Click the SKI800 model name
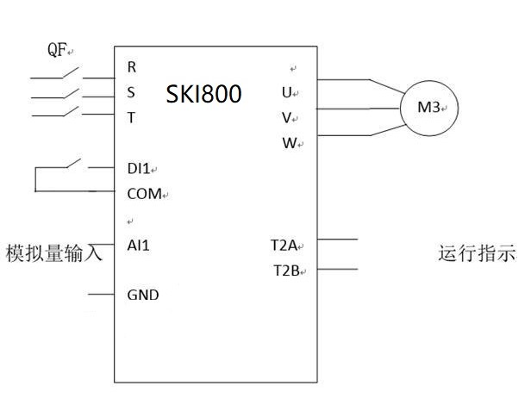tap(203, 93)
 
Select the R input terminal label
tap(131, 66)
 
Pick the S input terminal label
tap(131, 93)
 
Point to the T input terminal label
tap(131, 118)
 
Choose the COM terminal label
tap(144, 194)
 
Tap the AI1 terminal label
tap(138, 246)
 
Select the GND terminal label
tap(142, 295)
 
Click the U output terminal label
tap(286, 92)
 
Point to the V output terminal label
tap(286, 118)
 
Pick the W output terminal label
tap(288, 143)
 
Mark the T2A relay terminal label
tap(284, 246)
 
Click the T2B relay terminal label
tap(284, 271)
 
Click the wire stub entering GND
tap(101, 295)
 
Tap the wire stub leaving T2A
tap(337, 239)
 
